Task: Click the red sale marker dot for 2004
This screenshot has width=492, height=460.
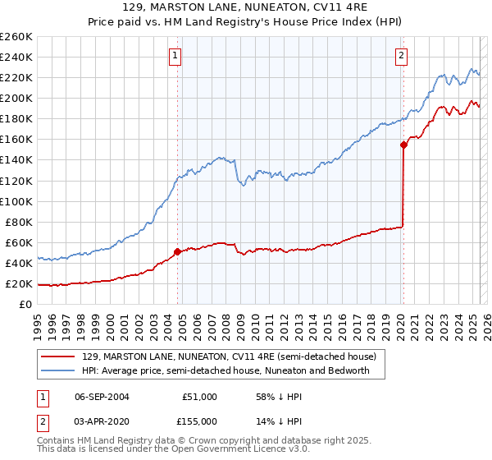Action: coord(177,251)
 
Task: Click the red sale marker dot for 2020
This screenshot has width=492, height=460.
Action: coord(403,145)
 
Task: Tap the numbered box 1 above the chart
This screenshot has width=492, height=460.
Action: coord(176,56)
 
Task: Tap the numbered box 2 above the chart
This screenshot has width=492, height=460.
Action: coord(401,56)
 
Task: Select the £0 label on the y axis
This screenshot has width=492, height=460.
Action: coord(25,305)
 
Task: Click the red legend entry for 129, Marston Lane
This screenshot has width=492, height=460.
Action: coord(229,357)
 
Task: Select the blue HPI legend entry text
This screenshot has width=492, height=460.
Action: coord(225,371)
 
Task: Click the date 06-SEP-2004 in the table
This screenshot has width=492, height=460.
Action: coord(102,397)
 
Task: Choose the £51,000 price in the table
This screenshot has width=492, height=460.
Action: coord(199,397)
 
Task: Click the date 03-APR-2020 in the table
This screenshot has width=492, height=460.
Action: coord(102,421)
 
